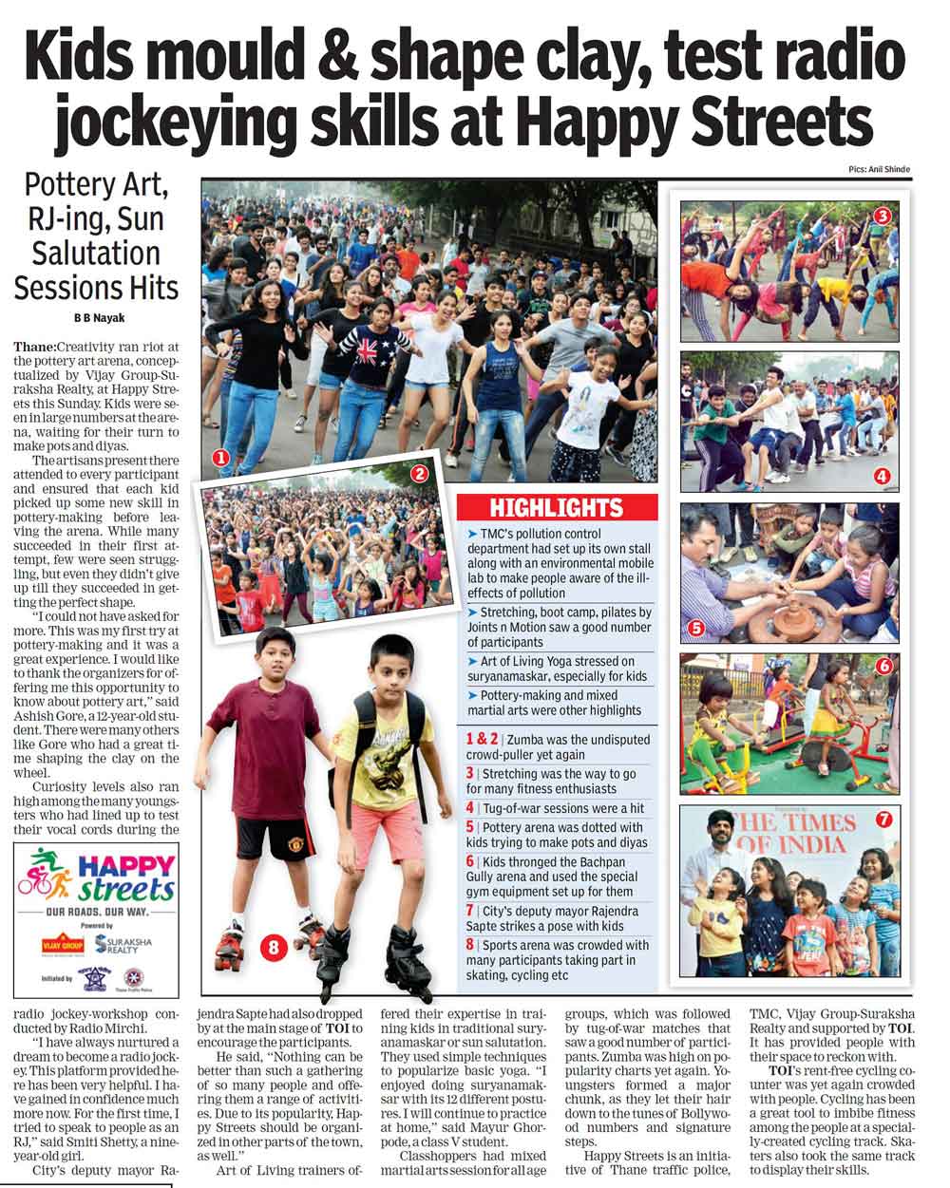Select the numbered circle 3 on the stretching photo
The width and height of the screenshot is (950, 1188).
point(882,216)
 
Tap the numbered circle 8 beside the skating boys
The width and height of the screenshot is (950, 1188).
point(275,946)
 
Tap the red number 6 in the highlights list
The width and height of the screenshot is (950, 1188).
point(469,861)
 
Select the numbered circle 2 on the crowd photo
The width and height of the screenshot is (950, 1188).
point(419,472)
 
